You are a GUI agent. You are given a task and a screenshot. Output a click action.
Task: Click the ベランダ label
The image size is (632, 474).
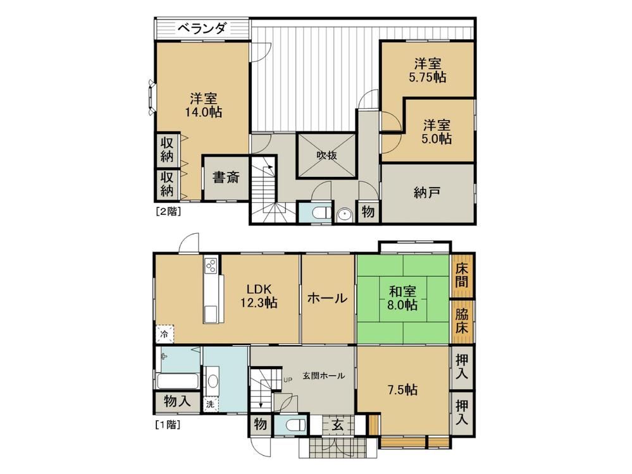pos(202,28)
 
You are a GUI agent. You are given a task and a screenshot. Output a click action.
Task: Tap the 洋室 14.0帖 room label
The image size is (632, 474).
pos(204,105)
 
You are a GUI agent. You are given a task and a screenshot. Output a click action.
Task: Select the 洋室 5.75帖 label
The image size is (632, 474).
pos(428,70)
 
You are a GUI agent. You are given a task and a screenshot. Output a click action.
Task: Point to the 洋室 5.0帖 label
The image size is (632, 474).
pos(437,131)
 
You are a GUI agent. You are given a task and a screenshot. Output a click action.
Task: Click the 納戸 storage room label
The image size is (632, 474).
pos(427,193)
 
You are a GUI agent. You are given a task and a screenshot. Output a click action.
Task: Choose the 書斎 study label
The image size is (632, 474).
pos(226,177)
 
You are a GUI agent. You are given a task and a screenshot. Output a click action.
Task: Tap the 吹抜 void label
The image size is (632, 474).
pos(326,155)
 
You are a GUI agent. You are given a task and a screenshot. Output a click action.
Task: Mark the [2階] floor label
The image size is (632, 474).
pos(168,211)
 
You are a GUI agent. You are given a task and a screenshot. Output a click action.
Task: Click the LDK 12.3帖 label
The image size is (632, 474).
pos(259,296)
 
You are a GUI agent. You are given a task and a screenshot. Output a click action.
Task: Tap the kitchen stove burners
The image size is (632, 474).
pos(211,265)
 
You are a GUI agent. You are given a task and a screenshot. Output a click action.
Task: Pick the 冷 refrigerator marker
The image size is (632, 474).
pos(165,334)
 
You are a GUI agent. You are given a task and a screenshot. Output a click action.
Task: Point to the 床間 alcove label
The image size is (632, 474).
pos(462,275)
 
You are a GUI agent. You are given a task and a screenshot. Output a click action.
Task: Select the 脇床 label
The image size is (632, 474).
pos(462,320)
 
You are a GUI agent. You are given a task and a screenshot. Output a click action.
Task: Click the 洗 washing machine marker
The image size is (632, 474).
pos(211,404)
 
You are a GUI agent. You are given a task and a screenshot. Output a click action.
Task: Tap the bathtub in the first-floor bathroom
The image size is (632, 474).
pos(177,381)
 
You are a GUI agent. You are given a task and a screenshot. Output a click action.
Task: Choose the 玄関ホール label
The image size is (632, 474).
pos(324,376)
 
